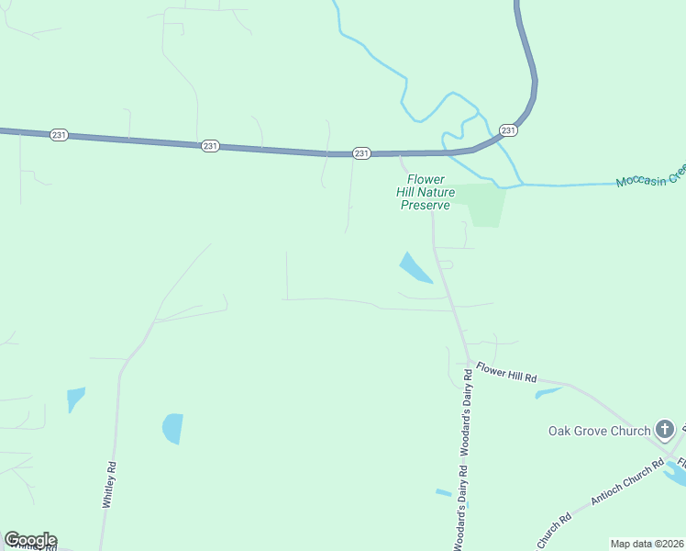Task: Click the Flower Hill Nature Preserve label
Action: click(427, 192)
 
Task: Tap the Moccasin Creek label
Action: click(649, 174)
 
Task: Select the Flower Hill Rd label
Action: click(506, 374)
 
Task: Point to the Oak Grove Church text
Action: click(598, 431)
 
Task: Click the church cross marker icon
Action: click(665, 429)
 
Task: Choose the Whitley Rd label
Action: click(109, 484)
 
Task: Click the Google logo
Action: click(30, 540)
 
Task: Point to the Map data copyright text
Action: click(647, 544)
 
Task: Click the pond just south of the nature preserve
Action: click(415, 269)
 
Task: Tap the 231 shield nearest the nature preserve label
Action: click(361, 153)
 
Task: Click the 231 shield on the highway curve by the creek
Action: click(509, 130)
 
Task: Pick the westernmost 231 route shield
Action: click(59, 134)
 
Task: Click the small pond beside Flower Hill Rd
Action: click(548, 393)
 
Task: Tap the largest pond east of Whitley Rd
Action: click(172, 428)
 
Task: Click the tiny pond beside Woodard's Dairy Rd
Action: click(443, 493)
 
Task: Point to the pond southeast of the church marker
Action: click(677, 472)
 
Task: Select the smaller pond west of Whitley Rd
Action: click(75, 399)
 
